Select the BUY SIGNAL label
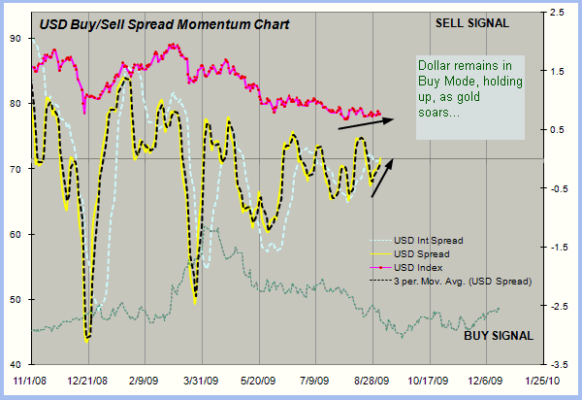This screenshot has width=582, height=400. [497, 336]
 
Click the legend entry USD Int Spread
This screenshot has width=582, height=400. [428, 239]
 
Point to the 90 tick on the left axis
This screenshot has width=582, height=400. [15, 38]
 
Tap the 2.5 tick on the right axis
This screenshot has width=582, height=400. [556, 12]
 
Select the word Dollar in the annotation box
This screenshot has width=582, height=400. [436, 67]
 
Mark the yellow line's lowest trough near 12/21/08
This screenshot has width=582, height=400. [87, 340]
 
